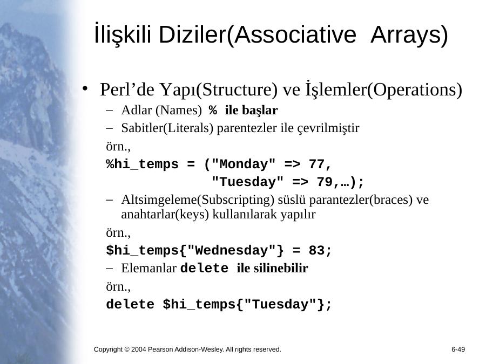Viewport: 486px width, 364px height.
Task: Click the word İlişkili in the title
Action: (123, 33)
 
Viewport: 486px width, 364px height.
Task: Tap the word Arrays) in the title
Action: (409, 35)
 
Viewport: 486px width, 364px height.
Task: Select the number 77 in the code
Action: (316, 164)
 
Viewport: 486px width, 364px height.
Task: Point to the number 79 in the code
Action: (325, 182)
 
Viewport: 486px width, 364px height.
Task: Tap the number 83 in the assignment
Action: (316, 250)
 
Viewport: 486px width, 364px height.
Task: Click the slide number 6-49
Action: (458, 349)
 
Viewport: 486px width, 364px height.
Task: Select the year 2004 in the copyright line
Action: (139, 349)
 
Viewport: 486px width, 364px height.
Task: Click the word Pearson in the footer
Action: (160, 349)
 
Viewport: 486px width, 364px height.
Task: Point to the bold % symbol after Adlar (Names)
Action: (213, 110)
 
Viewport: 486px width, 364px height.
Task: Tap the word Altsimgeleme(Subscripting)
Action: (198, 200)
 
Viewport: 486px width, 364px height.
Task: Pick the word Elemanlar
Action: (149, 268)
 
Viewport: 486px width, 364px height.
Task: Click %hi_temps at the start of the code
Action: (142, 164)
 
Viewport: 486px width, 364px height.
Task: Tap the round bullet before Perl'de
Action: (85, 89)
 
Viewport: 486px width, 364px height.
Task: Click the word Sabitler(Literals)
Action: (167, 128)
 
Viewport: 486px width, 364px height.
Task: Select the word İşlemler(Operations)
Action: (384, 90)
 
